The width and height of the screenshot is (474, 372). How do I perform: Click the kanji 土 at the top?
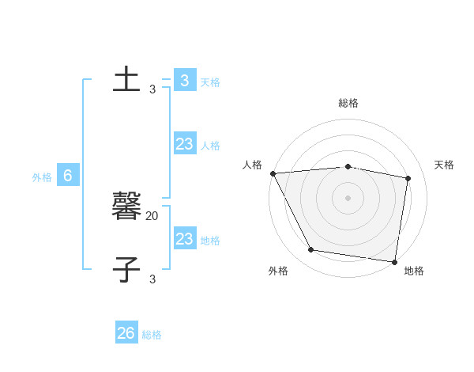pyautogui.click(x=126, y=79)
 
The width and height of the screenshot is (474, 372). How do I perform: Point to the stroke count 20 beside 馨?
pyautogui.click(x=152, y=215)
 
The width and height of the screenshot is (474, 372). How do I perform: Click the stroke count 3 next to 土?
pyautogui.click(x=152, y=89)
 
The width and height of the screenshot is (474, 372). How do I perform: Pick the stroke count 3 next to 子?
pyautogui.click(x=152, y=279)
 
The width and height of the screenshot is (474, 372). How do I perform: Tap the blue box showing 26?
pyautogui.click(x=126, y=333)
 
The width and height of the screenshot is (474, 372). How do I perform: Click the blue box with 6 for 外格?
pyautogui.click(x=68, y=176)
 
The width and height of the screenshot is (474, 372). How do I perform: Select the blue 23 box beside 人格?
pyautogui.click(x=184, y=144)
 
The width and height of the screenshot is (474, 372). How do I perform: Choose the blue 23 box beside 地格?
pyautogui.click(x=184, y=239)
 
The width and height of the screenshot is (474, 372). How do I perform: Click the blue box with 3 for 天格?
pyautogui.click(x=184, y=81)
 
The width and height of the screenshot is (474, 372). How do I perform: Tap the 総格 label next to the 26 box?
pyautogui.click(x=152, y=335)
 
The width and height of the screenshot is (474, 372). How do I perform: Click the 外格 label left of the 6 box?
pyautogui.click(x=43, y=177)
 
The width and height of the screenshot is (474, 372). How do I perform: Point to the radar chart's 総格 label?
pyautogui.click(x=348, y=103)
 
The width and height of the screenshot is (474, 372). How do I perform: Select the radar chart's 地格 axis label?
pyautogui.click(x=414, y=271)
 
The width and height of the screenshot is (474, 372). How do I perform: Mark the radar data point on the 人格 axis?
pyautogui.click(x=273, y=173)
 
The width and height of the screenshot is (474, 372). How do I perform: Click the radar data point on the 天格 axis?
pyautogui.click(x=408, y=178)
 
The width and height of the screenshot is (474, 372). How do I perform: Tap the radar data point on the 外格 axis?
pyautogui.click(x=311, y=250)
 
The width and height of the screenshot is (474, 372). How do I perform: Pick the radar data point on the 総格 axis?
pyautogui.click(x=348, y=166)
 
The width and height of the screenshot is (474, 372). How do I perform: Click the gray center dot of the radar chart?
pyautogui.click(x=348, y=198)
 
